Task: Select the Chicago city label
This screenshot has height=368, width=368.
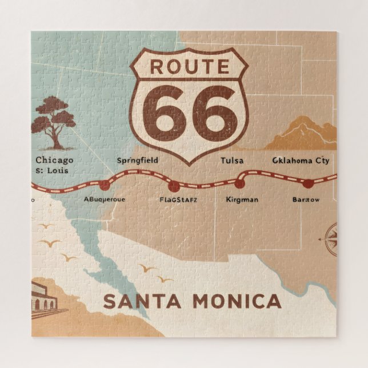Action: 54,160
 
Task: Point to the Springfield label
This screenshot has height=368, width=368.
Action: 137,161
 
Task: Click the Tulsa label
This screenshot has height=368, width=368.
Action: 231,161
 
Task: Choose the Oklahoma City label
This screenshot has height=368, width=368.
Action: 301,161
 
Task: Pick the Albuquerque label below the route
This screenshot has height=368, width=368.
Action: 105,199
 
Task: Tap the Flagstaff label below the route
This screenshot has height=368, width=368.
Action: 178,199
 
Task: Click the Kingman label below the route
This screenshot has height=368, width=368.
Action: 242,199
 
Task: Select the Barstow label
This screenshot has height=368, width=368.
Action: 306,199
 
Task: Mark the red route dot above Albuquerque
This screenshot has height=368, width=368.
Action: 104,185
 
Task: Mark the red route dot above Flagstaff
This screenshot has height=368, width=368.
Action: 174,186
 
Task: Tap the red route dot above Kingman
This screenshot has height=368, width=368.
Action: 239,184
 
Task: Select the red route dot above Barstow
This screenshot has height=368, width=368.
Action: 307,183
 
